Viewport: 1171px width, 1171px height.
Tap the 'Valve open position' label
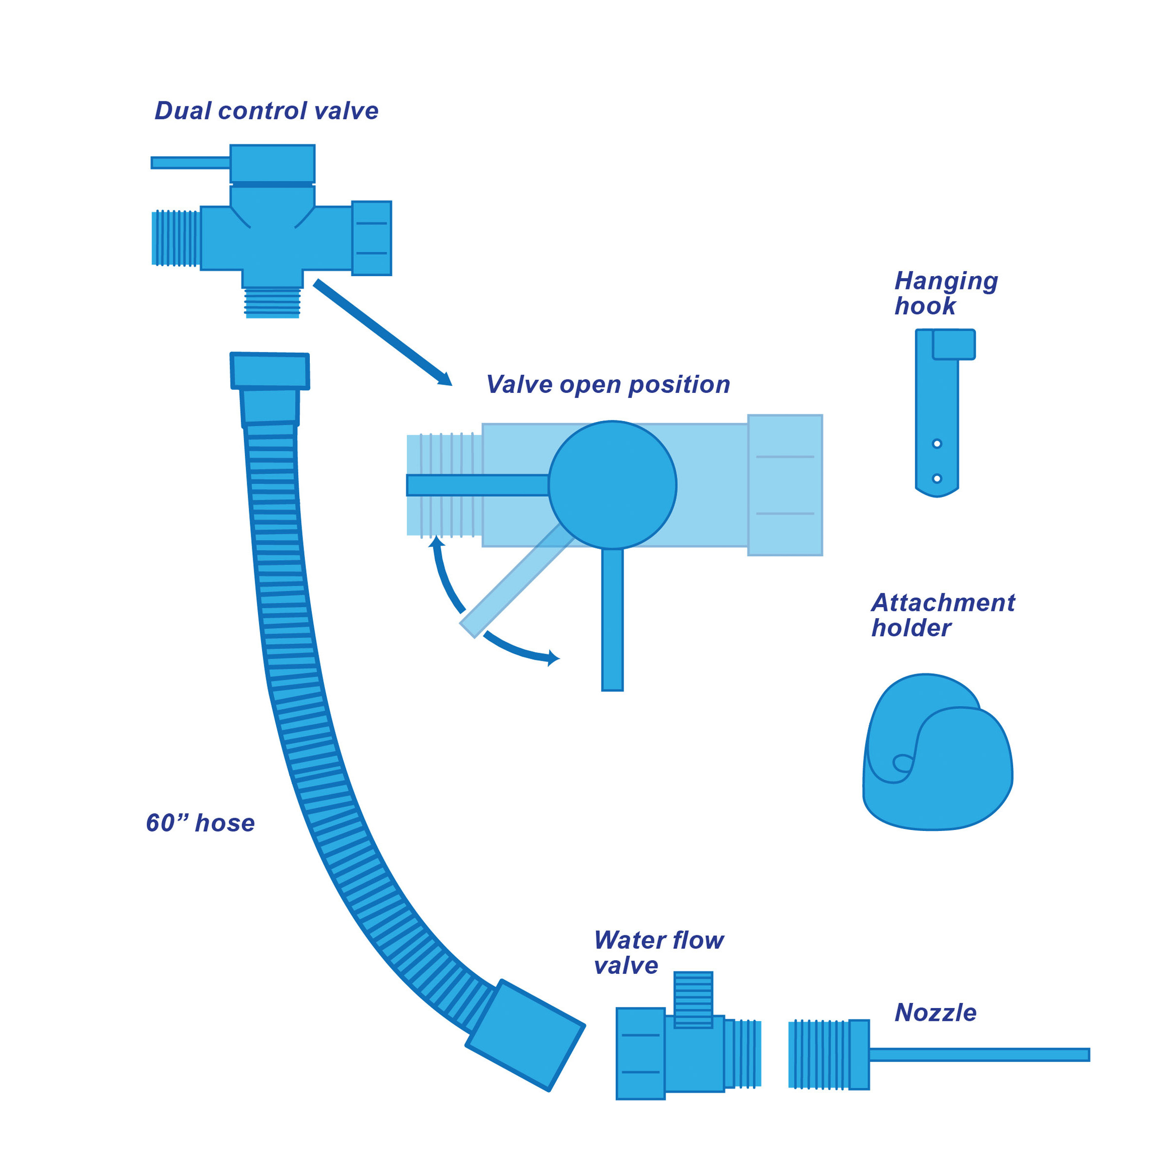pos(607,385)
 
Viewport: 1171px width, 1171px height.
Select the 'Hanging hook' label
pos(945,293)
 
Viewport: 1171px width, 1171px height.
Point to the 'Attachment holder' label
pos(943,615)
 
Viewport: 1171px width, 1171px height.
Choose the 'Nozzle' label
pos(935,1013)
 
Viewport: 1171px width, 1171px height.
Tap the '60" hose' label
pos(200,823)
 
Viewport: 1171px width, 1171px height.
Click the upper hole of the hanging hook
pos(936,444)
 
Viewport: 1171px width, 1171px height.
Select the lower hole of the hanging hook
pos(936,478)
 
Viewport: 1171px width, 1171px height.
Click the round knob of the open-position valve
pos(612,485)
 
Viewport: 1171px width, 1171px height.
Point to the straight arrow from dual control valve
pos(382,332)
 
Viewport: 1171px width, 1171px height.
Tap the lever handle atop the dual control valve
pos(190,162)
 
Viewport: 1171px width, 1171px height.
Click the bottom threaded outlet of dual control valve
pos(272,303)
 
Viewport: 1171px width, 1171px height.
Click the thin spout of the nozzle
pos(979,1054)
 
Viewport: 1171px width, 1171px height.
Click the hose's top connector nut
pos(270,370)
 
